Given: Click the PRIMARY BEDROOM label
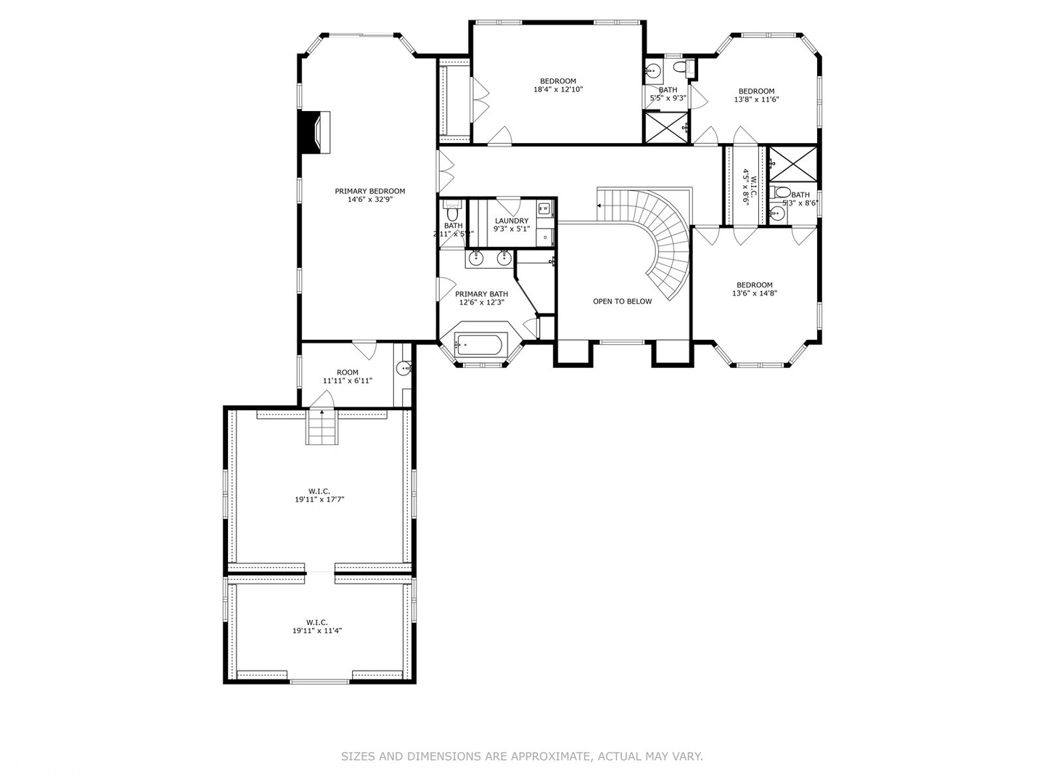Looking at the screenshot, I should click(x=369, y=192).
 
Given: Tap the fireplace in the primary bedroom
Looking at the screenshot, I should click(x=316, y=131).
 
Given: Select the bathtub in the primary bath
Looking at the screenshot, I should click(x=478, y=345).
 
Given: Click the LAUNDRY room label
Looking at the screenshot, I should click(x=512, y=221).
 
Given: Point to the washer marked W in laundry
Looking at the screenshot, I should click(x=545, y=208).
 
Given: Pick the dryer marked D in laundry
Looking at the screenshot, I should click(x=545, y=237).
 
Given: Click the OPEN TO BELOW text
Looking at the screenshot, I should click(x=622, y=301).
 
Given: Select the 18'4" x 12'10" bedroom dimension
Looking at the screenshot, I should click(x=557, y=90).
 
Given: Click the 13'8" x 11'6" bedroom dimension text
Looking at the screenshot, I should click(x=756, y=100).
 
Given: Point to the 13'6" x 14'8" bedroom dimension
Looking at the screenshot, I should click(x=754, y=294).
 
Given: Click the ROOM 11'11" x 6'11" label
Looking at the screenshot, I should click(x=347, y=377).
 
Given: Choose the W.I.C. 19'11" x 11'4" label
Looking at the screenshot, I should click(x=316, y=626).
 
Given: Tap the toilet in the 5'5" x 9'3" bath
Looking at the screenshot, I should click(x=680, y=68).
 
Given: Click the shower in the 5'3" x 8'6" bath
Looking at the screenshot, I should click(x=792, y=163).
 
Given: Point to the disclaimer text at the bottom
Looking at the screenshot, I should click(x=522, y=756).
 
